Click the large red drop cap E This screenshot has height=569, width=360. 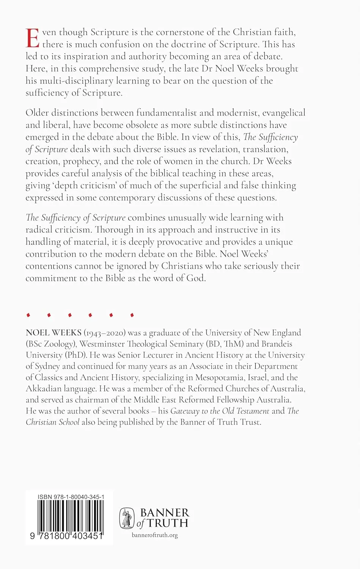33,38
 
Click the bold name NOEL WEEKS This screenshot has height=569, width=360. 53,333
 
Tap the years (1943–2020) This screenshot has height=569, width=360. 104,333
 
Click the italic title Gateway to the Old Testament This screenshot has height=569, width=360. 220,411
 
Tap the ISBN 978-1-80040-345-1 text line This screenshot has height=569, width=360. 71,497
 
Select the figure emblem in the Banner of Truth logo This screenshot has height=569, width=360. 127,518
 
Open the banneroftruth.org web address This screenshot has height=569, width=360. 155,535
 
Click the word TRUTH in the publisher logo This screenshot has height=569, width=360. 168,523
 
